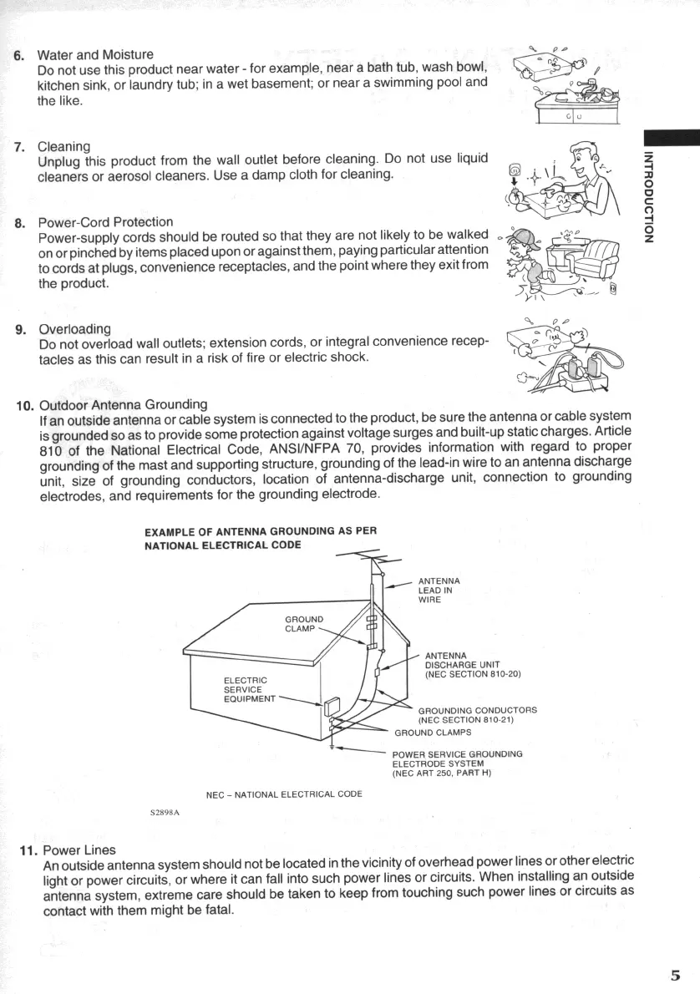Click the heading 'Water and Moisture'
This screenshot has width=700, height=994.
coord(96,54)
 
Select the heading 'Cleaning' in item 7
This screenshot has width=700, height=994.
coord(64,147)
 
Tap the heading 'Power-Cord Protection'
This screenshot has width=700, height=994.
coord(106,222)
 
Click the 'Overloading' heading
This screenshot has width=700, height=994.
coord(75,328)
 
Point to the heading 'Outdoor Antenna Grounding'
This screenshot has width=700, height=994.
coord(124,405)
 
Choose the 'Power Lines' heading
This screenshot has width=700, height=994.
coord(79,850)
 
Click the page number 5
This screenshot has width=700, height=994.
coord(675,975)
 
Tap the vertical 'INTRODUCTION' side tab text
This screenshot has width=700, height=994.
coord(649,196)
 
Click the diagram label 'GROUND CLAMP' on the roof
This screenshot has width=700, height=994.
coord(305,624)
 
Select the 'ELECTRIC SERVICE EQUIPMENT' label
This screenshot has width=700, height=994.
coord(246,689)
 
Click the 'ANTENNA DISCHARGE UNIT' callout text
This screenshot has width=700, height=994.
coord(473,664)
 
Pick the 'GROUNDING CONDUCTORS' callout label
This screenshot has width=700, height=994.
coord(477,714)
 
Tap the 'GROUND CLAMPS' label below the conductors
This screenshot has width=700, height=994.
coord(433,733)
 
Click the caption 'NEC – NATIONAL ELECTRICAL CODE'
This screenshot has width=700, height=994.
coord(284,794)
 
